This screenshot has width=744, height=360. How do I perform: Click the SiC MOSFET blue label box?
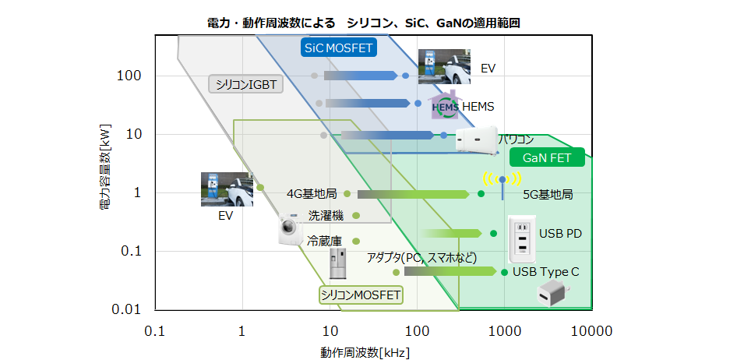339,47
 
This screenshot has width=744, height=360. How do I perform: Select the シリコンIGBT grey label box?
245,84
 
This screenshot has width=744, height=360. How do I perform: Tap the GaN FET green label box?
547,157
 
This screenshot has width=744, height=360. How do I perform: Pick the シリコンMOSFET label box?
360,295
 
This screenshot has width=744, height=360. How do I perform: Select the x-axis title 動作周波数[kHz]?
365,352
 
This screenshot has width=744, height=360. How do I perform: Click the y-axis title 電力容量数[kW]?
105,168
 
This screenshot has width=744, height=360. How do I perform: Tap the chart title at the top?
364,23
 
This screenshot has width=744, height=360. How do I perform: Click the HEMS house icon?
444,105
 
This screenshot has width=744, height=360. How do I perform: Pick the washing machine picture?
290,228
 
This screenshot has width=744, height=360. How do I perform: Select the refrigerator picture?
338,263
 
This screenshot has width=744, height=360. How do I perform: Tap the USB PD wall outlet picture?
522,239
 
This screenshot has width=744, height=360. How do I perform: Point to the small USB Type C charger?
552,294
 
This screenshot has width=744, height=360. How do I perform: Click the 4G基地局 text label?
312,194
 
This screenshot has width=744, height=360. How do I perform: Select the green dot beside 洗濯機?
356,216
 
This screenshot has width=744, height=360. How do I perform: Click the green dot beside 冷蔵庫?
356,242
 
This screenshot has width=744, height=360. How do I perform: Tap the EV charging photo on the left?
227,189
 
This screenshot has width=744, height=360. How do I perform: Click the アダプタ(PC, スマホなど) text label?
421,258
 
